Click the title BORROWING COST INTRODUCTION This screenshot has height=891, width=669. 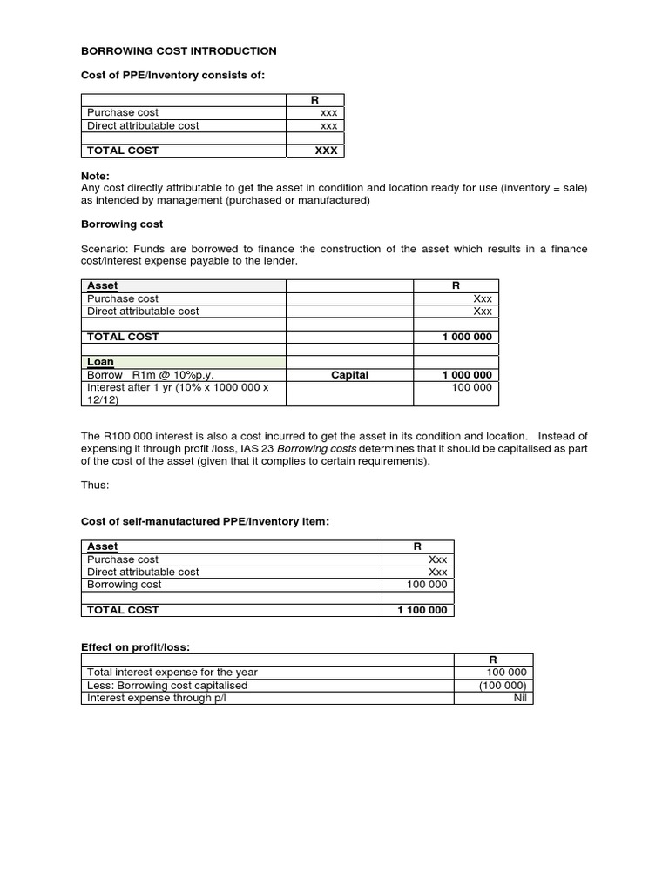coord(179,51)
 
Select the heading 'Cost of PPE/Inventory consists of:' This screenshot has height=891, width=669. coord(172,76)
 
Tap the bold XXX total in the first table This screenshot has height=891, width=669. coord(325,151)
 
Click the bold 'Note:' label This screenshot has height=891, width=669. coord(95,176)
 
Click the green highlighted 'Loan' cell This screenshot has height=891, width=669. coord(100,362)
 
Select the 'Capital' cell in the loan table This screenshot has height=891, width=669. coord(349,375)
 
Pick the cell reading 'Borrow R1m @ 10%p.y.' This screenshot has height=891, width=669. coord(150,375)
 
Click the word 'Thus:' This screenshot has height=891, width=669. coord(95,486)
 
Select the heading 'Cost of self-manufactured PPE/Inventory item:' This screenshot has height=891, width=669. coord(206,521)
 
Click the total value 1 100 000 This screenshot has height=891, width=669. coord(422,610)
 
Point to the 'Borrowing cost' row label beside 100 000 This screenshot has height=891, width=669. coord(124,585)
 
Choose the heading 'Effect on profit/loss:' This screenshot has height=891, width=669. coord(136,647)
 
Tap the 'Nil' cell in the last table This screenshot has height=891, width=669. coord(519,698)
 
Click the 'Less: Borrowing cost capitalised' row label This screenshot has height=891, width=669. coord(167,685)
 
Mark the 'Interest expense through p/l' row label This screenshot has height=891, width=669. coord(155,698)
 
